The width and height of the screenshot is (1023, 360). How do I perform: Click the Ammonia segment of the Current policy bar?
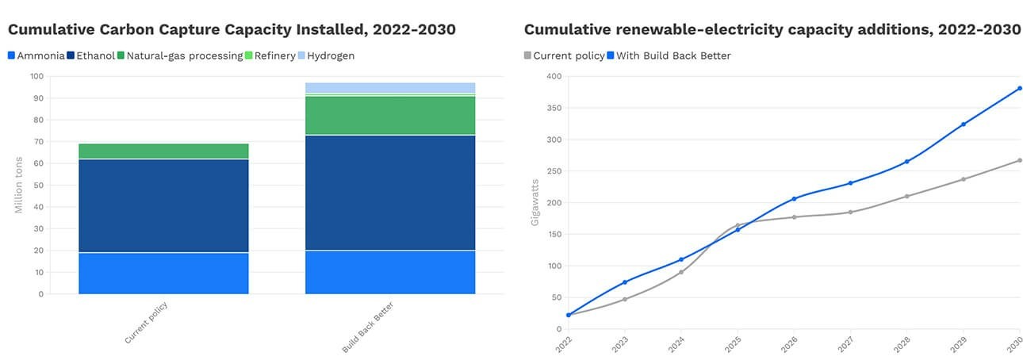point(163,274)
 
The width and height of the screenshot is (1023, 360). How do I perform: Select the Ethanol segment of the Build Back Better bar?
point(390,193)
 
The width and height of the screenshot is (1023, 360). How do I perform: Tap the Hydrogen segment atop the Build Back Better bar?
point(390,87)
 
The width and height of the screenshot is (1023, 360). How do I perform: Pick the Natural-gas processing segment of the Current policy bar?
point(163,151)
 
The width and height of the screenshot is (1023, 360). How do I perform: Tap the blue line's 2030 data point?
point(1020,88)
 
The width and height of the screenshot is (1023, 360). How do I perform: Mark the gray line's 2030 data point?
point(1020,160)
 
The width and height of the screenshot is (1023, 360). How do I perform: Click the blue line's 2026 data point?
point(794,198)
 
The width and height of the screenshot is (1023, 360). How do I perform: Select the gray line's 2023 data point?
point(625,299)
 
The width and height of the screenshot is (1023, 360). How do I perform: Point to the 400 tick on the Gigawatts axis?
point(552,76)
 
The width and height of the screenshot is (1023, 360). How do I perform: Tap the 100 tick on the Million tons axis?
point(36,76)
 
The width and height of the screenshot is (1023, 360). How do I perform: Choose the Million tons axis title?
point(18,185)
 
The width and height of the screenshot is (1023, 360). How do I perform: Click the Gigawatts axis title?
point(534,202)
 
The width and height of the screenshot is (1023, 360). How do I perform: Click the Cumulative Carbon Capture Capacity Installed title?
point(232,30)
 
